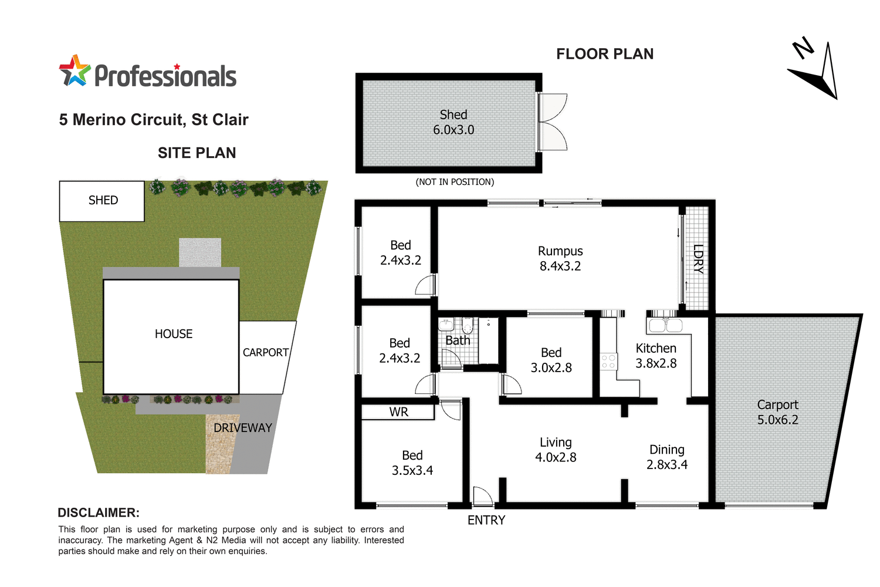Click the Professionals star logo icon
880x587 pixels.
coord(75,71)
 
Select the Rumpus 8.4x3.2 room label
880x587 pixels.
coord(560,258)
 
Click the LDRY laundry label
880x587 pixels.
coord(698,259)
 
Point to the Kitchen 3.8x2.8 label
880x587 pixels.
coord(656,356)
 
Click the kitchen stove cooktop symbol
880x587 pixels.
coord(609,361)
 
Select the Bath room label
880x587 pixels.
coord(458,340)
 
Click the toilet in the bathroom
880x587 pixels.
coord(468,325)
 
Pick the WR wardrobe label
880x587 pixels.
coord(398,412)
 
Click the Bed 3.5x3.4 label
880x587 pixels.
coord(412,463)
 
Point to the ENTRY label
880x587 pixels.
coord(486,520)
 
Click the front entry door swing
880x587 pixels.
coord(482,497)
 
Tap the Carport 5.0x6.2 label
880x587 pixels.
coord(777,412)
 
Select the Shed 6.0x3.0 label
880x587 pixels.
coord(453,122)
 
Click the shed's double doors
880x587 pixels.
coord(553,122)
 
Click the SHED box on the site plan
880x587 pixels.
coord(102,201)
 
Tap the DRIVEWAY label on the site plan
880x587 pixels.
coord(242,428)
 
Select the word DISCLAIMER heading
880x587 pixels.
coord(99,512)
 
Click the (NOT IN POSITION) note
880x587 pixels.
coord(455,182)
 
